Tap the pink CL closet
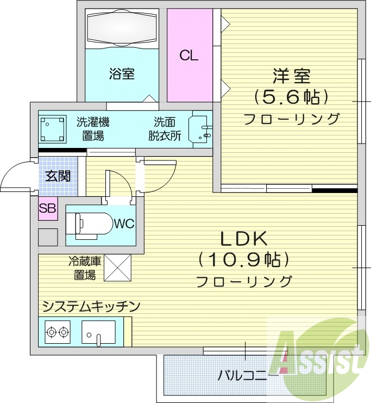click(x=189, y=55)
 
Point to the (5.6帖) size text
click(x=291, y=97)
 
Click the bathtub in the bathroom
click(x=122, y=28)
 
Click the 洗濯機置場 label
click(x=90, y=128)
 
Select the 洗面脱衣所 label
click(x=165, y=128)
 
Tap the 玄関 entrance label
click(x=57, y=176)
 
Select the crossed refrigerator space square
click(x=118, y=268)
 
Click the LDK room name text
click(x=243, y=239)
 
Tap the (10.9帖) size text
click(x=243, y=260)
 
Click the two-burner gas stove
click(x=58, y=331)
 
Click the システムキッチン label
click(x=91, y=306)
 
